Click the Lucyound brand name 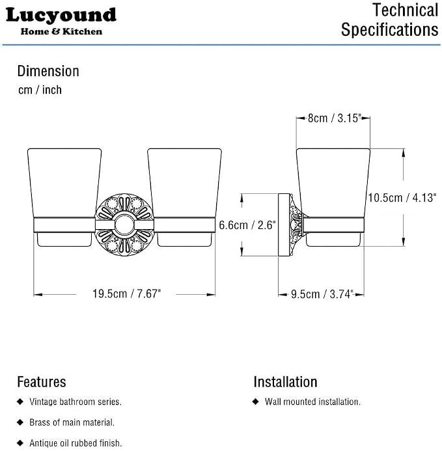[61, 16]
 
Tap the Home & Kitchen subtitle [61, 31]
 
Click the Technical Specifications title [390, 20]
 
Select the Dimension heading [48, 71]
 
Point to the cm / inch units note [40, 90]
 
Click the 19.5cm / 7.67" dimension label [127, 294]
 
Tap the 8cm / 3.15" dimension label [335, 118]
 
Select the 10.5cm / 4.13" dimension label [402, 198]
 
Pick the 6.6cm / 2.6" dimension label [247, 225]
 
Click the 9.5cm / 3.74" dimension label [322, 294]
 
